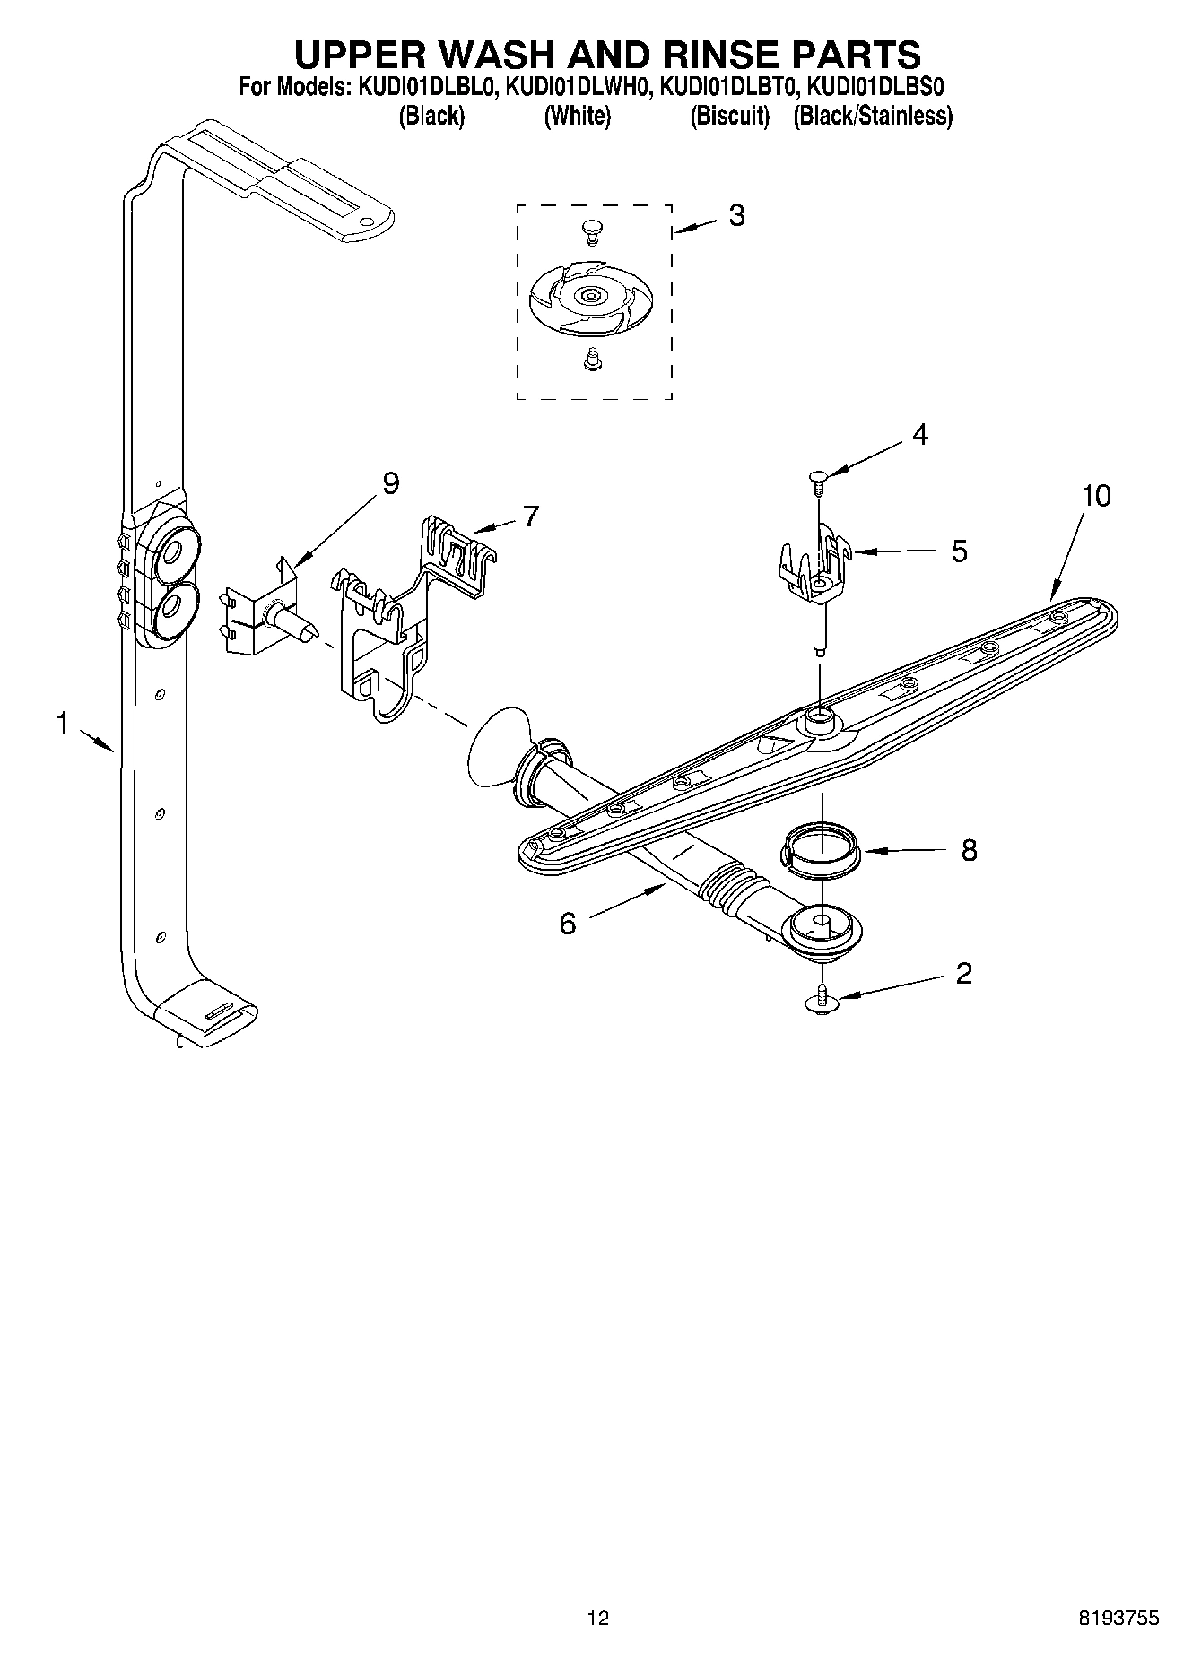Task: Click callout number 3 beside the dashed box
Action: [736, 216]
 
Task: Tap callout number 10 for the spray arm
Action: [1096, 496]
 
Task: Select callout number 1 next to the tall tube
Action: [62, 723]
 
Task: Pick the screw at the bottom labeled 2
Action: [822, 1001]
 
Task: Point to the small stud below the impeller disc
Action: [591, 360]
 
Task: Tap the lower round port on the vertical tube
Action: [170, 609]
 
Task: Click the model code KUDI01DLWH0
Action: [577, 87]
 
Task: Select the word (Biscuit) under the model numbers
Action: [729, 116]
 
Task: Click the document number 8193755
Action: [1119, 1619]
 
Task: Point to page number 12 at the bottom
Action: [597, 1619]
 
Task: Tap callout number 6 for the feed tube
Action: [568, 924]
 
